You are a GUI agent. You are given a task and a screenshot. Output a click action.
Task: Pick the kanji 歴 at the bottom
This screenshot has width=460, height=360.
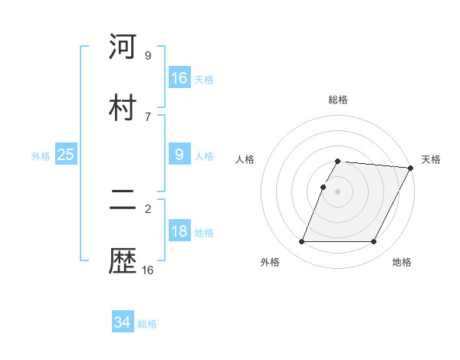[x=123, y=261]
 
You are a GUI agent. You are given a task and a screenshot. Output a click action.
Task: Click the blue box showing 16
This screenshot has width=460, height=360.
[x=179, y=78]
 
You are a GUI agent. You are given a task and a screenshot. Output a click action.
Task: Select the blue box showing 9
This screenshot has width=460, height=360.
[x=179, y=155]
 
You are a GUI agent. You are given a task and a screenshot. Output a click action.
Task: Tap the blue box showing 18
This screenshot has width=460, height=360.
[x=179, y=232]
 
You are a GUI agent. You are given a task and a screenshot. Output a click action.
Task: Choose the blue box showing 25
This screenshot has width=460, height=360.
[x=66, y=155]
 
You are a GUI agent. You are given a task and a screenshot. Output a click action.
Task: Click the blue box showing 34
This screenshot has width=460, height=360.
[x=123, y=322]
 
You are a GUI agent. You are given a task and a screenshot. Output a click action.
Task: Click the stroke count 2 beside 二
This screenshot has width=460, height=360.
[x=148, y=208]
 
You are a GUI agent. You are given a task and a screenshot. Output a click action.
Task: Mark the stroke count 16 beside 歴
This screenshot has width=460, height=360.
[x=148, y=270]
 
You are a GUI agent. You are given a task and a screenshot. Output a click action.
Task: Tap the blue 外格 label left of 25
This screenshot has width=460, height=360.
[x=41, y=156]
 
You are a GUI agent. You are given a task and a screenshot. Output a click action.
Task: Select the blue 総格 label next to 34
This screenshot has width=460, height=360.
[x=147, y=324]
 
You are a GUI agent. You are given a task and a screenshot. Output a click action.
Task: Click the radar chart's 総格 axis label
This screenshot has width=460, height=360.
[x=338, y=100]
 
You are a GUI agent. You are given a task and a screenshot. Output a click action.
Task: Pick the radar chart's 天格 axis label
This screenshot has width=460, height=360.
[x=431, y=159]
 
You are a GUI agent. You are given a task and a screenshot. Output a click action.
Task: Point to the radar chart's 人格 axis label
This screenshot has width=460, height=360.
[x=245, y=159]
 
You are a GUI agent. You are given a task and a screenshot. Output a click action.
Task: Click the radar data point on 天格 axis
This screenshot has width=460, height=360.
[x=411, y=168]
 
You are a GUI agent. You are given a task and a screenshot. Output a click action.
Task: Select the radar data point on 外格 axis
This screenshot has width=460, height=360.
[x=301, y=242]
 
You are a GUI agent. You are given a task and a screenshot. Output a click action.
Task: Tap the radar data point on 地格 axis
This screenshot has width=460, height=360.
[x=374, y=242]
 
